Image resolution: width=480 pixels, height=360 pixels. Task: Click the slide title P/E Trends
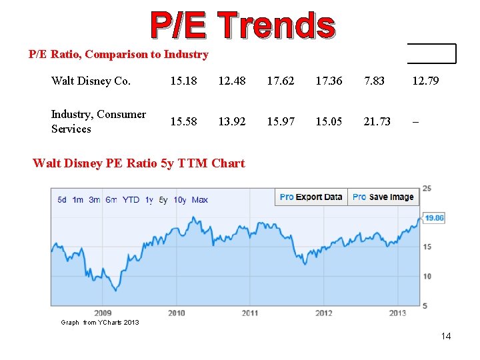[x=242, y=25]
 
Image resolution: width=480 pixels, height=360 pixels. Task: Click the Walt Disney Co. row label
[x=91, y=81]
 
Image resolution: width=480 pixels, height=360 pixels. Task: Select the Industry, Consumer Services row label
[x=98, y=121]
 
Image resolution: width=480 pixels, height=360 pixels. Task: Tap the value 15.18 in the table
[x=183, y=81]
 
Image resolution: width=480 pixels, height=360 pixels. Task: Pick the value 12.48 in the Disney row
[x=231, y=81]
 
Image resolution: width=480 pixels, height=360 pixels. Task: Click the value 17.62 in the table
[x=280, y=81]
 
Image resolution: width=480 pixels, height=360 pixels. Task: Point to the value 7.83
[x=374, y=81]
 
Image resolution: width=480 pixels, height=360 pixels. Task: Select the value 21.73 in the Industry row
[x=377, y=121]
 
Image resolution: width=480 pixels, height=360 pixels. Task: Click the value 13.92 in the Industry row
[x=231, y=121]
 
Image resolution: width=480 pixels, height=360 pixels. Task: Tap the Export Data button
[x=311, y=197]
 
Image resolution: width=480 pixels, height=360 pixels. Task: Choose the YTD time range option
[x=131, y=200]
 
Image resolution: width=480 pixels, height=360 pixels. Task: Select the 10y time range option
[x=180, y=200]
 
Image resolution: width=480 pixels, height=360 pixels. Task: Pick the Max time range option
[x=199, y=200]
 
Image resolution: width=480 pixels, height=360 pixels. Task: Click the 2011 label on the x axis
[x=250, y=313]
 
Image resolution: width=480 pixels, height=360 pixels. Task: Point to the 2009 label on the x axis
[x=103, y=313]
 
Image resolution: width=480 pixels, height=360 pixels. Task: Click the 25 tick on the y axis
[x=427, y=189]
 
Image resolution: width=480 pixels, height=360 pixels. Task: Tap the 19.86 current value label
[x=434, y=218]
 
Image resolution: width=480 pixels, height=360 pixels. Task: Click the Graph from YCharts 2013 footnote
[x=100, y=323]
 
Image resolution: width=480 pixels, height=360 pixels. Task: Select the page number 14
[x=446, y=336]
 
